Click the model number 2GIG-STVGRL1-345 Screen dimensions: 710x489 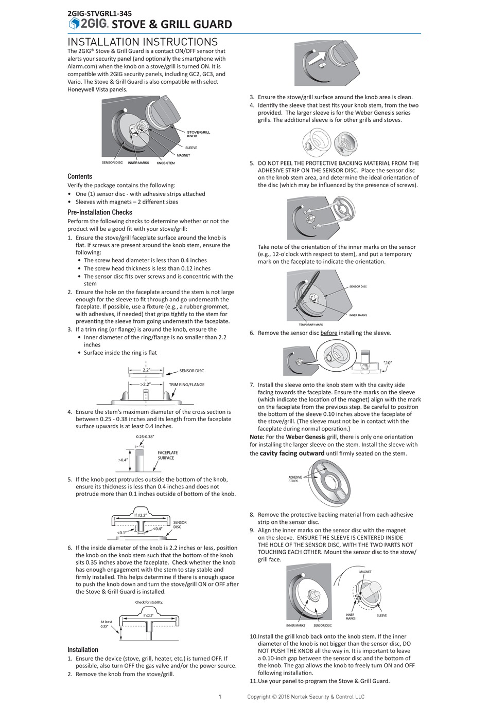(x=99, y=13)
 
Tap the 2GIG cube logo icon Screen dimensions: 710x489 (x=74, y=24)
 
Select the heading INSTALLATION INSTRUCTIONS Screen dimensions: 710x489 (x=143, y=42)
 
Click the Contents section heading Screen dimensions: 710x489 (x=80, y=176)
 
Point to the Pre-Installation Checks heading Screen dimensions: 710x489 (x=100, y=212)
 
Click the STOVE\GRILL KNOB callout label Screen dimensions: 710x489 (x=198, y=134)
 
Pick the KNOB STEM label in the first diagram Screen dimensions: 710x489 (x=165, y=163)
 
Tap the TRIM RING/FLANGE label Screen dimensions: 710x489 (x=186, y=385)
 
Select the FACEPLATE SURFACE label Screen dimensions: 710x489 (x=167, y=455)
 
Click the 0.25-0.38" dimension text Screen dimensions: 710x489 (x=145, y=436)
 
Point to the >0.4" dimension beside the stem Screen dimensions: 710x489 (x=123, y=460)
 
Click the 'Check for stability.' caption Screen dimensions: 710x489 (x=149, y=602)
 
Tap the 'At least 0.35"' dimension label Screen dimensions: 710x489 (x=106, y=624)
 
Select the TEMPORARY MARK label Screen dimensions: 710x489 (x=310, y=324)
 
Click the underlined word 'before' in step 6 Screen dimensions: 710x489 (x=328, y=333)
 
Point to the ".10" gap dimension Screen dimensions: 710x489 (x=388, y=362)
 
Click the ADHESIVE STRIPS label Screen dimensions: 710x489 (x=295, y=479)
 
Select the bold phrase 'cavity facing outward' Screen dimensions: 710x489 (x=292, y=453)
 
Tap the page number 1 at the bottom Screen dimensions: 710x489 (x=220, y=697)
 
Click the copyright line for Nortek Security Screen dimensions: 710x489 (x=305, y=697)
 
